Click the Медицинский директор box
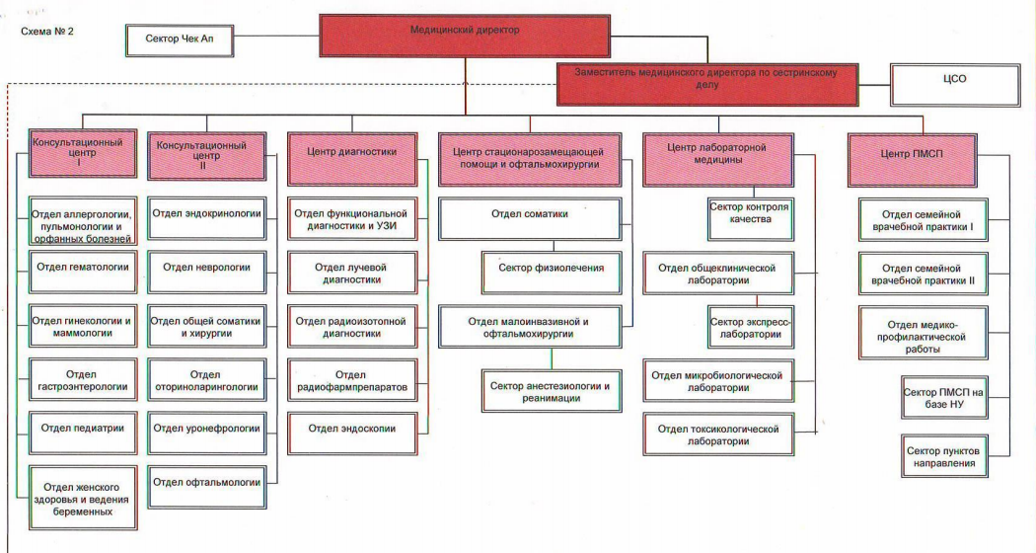(x=465, y=37)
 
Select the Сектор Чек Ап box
(x=180, y=40)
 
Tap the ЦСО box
(x=955, y=85)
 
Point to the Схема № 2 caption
(x=47, y=31)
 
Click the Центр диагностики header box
(x=352, y=159)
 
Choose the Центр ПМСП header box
(x=912, y=160)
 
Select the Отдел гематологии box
(x=83, y=272)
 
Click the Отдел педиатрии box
(x=83, y=433)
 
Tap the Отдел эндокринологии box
(x=207, y=217)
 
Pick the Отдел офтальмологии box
(x=207, y=487)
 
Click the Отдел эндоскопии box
(x=352, y=434)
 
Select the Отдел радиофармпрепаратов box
(x=352, y=379)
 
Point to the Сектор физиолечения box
(x=551, y=273)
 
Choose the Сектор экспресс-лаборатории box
(x=750, y=327)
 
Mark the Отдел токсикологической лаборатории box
(x=718, y=434)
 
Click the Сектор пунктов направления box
(x=944, y=456)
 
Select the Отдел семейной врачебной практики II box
(x=923, y=274)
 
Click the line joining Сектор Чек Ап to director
(x=276, y=37)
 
